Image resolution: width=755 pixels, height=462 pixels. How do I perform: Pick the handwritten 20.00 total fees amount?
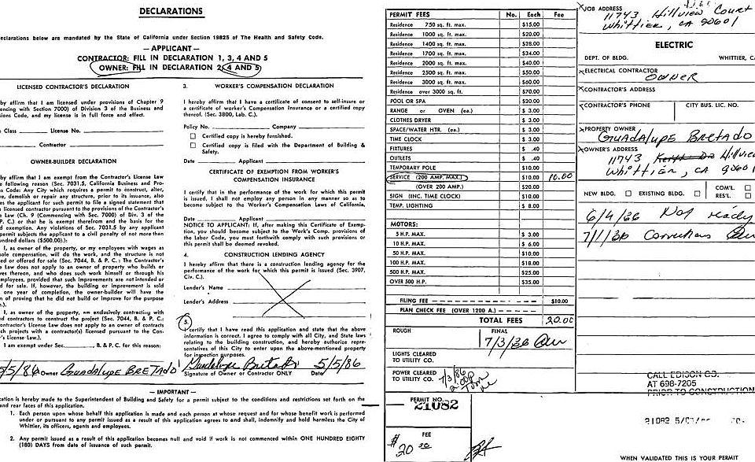[x=558, y=321]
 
